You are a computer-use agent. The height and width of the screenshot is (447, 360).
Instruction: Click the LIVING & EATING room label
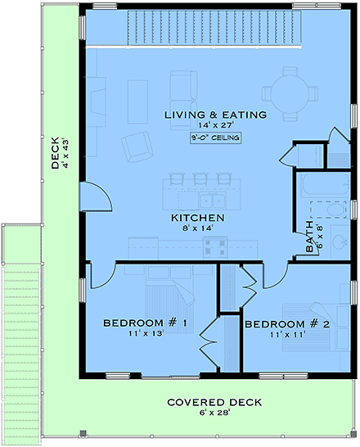click(x=215, y=115)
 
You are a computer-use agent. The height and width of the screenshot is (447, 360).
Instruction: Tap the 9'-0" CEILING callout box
click(x=215, y=138)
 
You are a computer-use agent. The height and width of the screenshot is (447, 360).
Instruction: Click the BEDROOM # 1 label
click(x=146, y=323)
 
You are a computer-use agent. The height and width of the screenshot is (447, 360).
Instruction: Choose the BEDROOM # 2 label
click(x=287, y=323)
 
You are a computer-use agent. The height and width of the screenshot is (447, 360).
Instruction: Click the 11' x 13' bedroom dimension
click(x=146, y=335)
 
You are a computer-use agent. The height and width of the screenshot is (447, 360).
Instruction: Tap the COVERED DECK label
click(x=214, y=402)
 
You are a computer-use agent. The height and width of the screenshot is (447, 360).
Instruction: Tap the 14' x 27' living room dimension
click(x=215, y=126)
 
